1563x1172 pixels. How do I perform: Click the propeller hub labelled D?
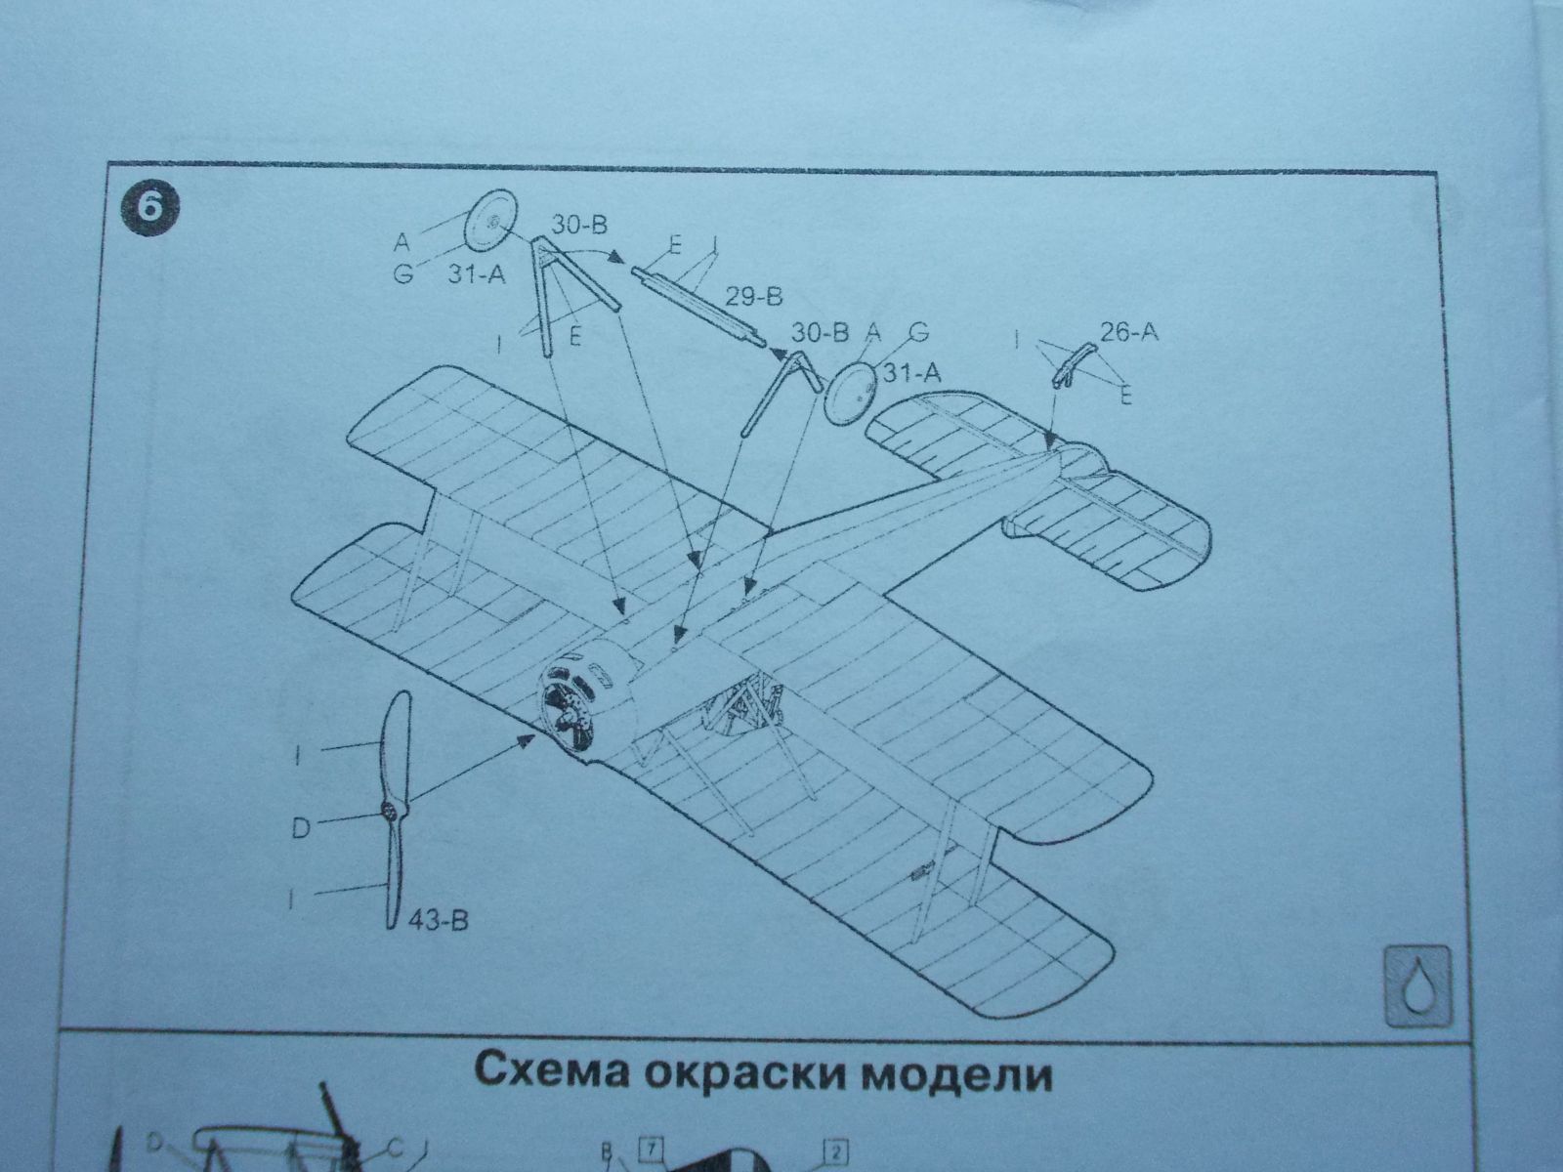(x=392, y=810)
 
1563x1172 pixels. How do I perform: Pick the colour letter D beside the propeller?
(x=301, y=828)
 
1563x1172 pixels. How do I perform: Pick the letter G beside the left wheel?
(x=402, y=274)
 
